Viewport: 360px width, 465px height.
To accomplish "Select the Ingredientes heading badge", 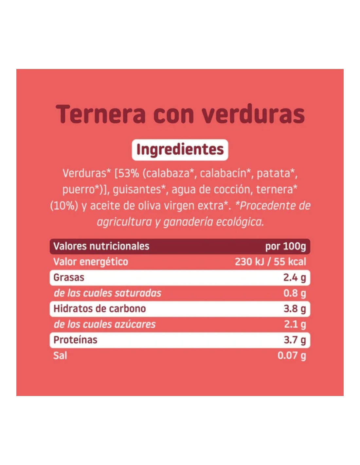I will click(180, 150).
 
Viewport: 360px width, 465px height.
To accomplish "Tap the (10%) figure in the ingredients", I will click(64, 206).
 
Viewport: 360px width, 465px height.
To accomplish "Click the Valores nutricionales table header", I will click(101, 246).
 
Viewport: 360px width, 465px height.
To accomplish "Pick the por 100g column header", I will click(285, 246).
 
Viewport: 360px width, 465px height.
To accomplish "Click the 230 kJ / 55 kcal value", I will click(270, 262).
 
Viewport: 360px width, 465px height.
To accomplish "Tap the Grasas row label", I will click(69, 278).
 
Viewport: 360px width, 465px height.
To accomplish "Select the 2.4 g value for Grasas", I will click(295, 278).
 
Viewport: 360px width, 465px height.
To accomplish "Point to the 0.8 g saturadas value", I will click(295, 293).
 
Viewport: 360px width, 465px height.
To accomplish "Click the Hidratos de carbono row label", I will click(99, 309).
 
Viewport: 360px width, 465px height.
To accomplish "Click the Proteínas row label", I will click(75, 340).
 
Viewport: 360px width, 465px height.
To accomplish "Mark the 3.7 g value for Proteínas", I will click(295, 340).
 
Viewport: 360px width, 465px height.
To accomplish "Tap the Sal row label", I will click(60, 355).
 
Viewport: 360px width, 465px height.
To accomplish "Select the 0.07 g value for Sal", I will click(292, 355).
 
